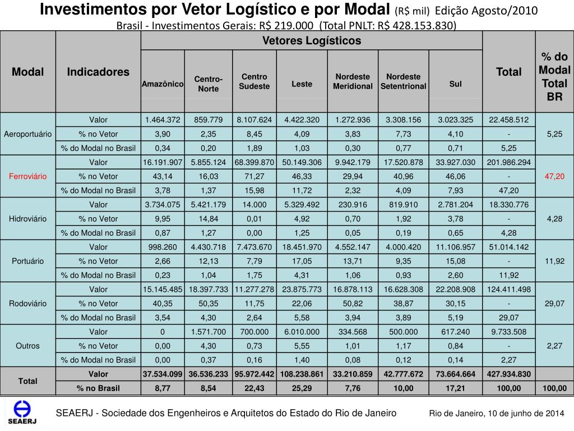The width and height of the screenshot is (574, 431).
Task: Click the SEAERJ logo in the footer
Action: pyautogui.click(x=21, y=413)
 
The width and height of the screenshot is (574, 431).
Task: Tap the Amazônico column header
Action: pyautogui.click(x=163, y=84)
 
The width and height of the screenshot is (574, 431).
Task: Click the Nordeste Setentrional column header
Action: pyautogui.click(x=404, y=81)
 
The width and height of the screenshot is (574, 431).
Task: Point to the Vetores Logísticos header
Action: pyautogui.click(x=312, y=40)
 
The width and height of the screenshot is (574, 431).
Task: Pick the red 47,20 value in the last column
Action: pyautogui.click(x=554, y=176)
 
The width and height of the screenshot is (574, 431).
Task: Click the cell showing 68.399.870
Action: pyautogui.click(x=254, y=162)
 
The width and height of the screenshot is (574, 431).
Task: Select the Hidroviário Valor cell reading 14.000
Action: pyautogui.click(x=254, y=205)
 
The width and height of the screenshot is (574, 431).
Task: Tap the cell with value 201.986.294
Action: pyautogui.click(x=509, y=162)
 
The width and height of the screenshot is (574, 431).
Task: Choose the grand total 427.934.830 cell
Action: pyautogui.click(x=509, y=374)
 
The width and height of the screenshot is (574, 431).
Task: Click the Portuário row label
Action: pyautogui.click(x=28, y=261)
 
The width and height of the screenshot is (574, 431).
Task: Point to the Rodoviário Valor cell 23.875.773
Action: pyautogui.click(x=302, y=290)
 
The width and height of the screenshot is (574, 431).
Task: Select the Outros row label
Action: pyautogui.click(x=28, y=346)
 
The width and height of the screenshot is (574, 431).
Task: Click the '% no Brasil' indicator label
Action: pyautogui.click(x=98, y=388)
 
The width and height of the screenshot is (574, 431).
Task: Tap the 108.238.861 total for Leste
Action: pyautogui.click(x=302, y=374)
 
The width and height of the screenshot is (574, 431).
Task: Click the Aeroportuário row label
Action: pyautogui.click(x=28, y=134)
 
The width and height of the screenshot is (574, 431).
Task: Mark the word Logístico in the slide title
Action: pyautogui.click(x=243, y=10)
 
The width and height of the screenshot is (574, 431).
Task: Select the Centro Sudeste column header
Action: pyautogui.click(x=254, y=81)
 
